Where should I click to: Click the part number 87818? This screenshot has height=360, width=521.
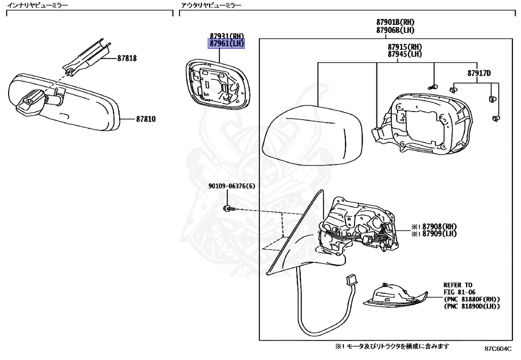pyautogui.click(x=127, y=58)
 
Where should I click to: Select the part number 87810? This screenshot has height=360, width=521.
pyautogui.click(x=146, y=119)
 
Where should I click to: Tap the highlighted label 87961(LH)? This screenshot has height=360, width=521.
pyautogui.click(x=226, y=44)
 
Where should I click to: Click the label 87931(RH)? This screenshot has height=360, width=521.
pyautogui.click(x=226, y=36)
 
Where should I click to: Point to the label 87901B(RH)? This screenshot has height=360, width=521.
pyautogui.click(x=395, y=23)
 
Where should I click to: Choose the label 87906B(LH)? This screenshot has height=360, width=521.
pyautogui.click(x=395, y=30)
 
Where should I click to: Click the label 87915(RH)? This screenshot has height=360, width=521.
pyautogui.click(x=404, y=47)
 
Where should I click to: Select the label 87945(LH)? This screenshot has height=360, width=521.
pyautogui.click(x=404, y=54)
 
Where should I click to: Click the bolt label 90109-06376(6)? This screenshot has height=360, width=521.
pyautogui.click(x=231, y=186)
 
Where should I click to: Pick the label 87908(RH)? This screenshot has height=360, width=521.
pyautogui.click(x=436, y=227)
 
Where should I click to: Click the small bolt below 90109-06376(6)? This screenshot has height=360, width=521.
pyautogui.click(x=228, y=208)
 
